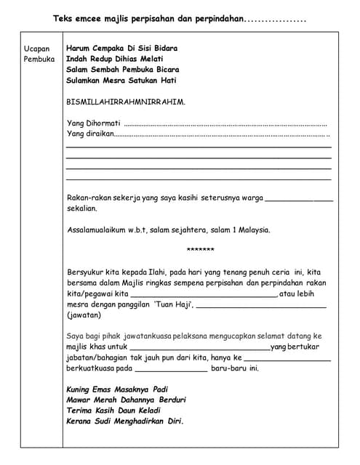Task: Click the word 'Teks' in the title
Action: coord(63,19)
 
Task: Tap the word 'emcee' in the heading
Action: coord(92,19)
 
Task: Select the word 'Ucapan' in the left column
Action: coord(36,48)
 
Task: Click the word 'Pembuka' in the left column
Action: coord(39,59)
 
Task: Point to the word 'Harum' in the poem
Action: coord(79,48)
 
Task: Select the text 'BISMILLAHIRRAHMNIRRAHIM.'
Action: coord(125,102)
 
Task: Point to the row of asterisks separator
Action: coord(200,251)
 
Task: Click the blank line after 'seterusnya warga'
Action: coord(299,198)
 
